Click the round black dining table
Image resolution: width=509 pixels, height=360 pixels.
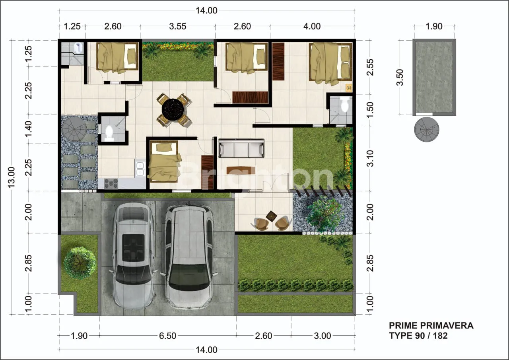pos(173,110)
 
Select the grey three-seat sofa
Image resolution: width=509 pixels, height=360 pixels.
pos(241,148)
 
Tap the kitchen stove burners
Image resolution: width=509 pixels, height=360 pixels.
pos(111,184)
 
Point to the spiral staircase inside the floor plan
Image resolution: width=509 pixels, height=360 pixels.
pos(74,130)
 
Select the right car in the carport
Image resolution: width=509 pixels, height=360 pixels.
pos(189,257)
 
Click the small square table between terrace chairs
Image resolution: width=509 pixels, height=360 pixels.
pos(271,216)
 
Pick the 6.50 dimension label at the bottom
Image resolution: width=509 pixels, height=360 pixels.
pos(168,336)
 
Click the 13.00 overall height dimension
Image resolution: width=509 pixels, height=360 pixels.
pos(12,177)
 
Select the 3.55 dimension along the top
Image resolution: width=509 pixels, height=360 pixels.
pos(178,26)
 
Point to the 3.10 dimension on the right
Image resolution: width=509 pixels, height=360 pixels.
pos(370,158)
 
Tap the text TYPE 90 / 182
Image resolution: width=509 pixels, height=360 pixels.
pos(418,336)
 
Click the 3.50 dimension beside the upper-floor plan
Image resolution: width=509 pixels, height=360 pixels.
pos(400,77)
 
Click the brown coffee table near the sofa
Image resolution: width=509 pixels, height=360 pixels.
pos(241,170)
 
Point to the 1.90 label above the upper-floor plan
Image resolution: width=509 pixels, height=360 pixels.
pos(434,26)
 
